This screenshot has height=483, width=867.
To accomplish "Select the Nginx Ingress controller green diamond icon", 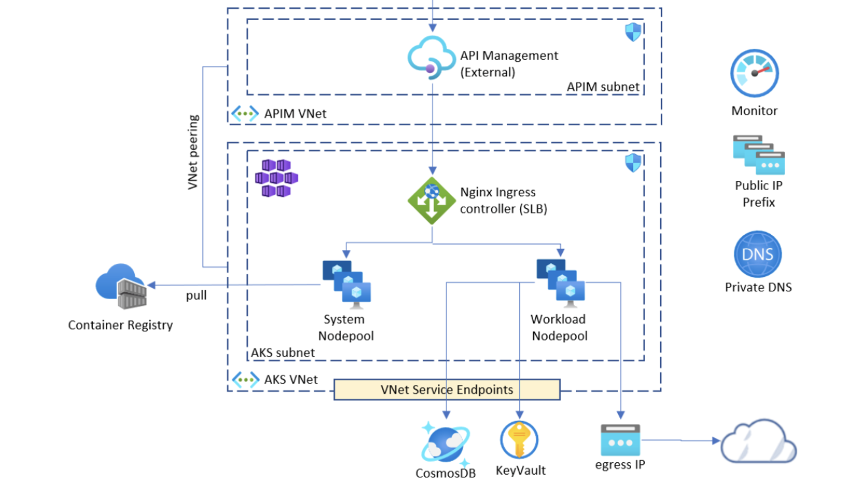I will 432,201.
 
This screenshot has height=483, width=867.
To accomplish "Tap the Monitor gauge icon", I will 754,73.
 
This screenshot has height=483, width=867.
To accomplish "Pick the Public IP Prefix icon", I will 758,154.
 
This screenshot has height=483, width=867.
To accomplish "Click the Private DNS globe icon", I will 758,254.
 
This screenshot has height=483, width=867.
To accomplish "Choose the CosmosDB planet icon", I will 445,444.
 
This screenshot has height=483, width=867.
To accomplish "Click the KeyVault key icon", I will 519,440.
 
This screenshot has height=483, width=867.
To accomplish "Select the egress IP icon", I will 620,440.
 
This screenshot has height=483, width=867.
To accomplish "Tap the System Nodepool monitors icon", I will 346,284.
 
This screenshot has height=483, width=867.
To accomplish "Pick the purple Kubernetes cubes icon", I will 276,178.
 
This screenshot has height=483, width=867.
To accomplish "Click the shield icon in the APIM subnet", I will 633,32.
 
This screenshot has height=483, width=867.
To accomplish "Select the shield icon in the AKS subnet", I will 633,163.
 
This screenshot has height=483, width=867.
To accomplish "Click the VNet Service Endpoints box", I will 447,390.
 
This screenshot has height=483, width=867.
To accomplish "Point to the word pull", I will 196,295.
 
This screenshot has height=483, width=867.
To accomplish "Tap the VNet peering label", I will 193,152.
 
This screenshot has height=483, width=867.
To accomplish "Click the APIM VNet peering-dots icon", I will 245,113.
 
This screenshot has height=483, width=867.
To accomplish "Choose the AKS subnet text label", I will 283,352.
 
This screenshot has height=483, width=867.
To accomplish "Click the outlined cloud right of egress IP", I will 758,442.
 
